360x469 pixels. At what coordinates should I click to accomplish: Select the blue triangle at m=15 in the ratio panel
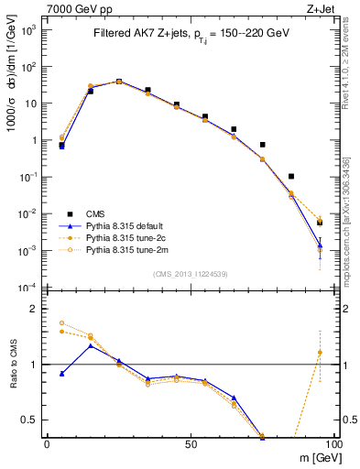90,345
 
